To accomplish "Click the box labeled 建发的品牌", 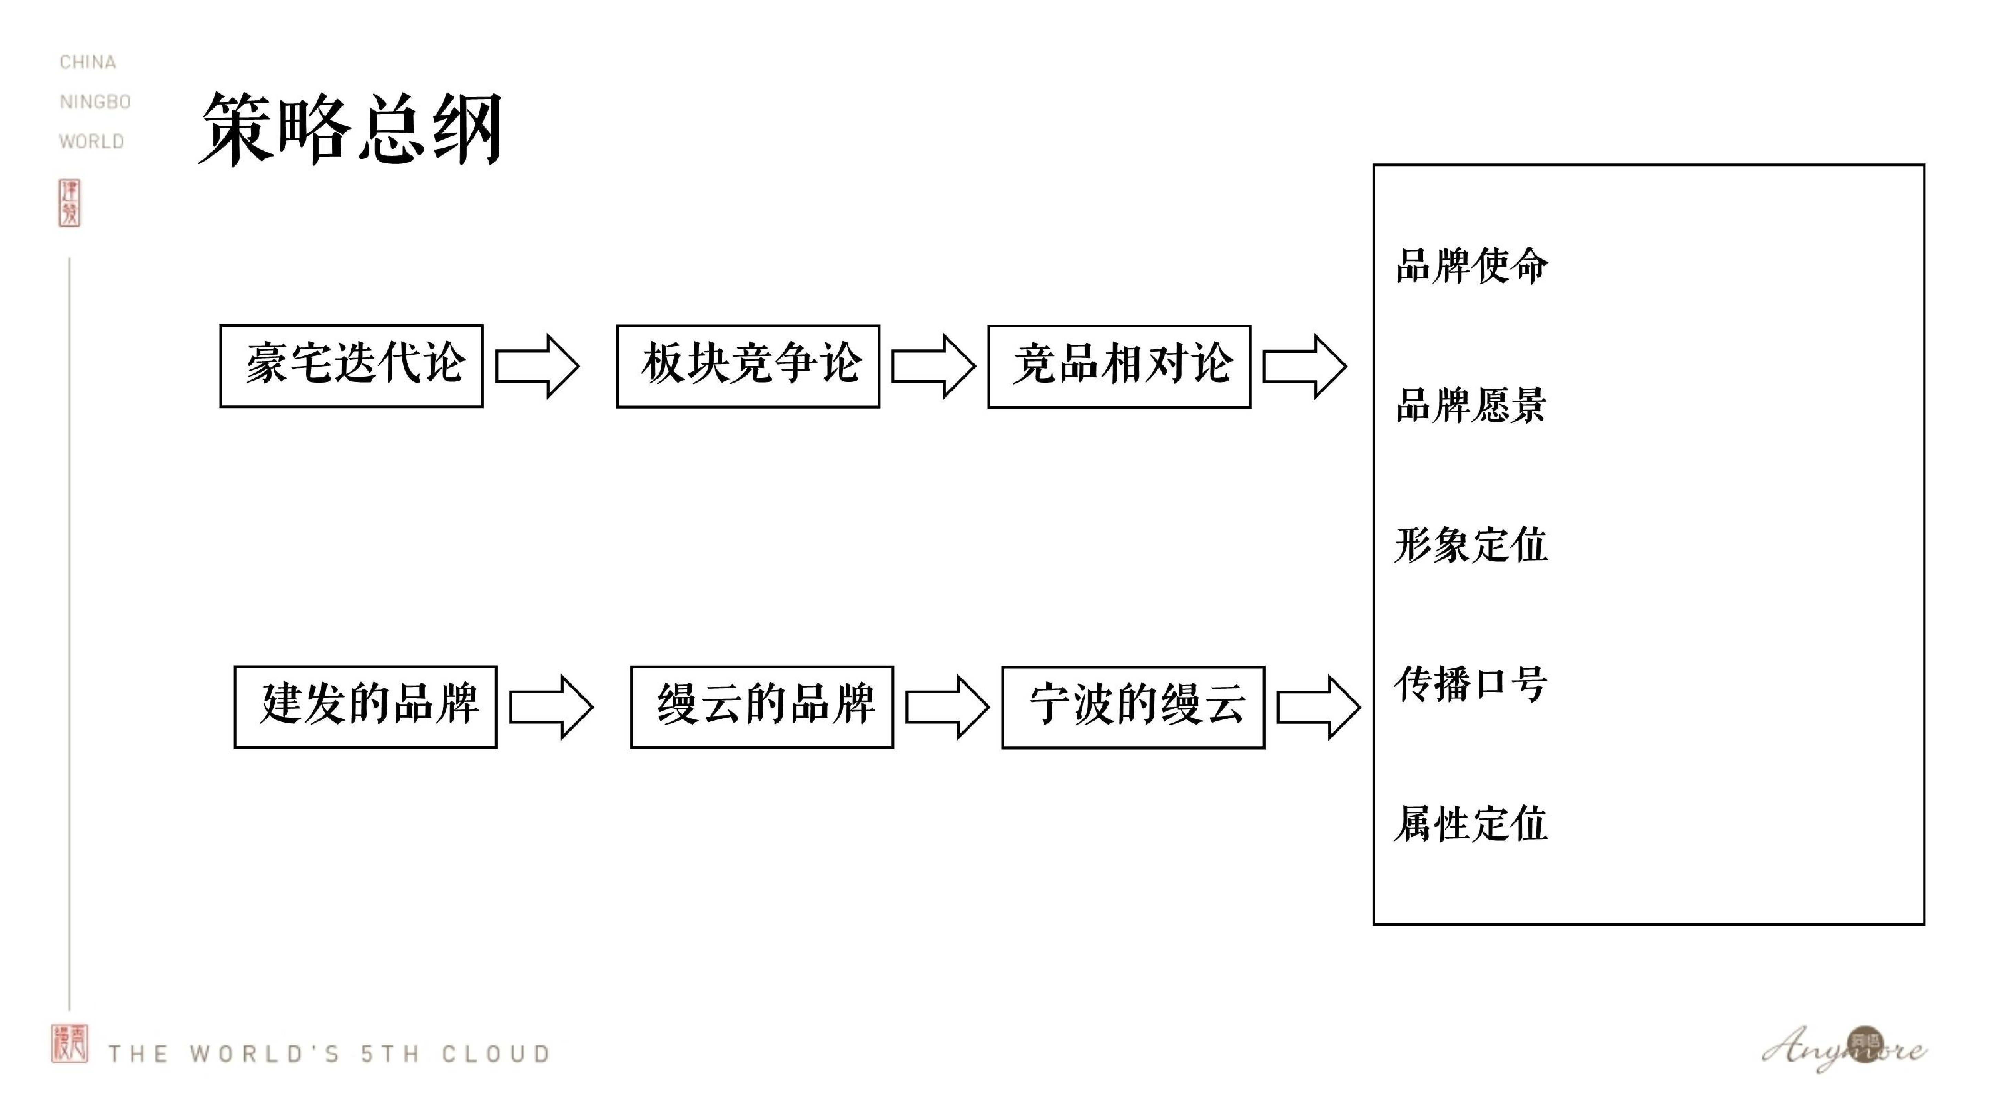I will [x=366, y=707].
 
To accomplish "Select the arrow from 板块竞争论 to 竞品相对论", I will [x=933, y=366].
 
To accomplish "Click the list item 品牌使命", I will [x=1472, y=266].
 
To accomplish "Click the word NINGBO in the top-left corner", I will [x=95, y=102].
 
